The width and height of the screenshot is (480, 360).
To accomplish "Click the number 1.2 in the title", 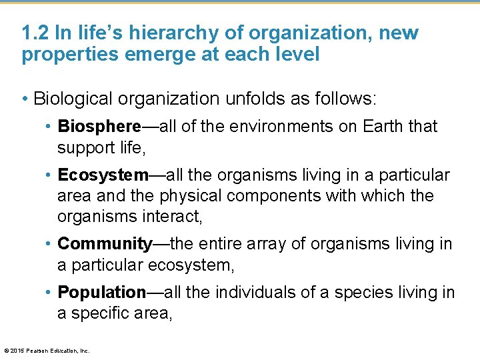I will pyautogui.click(x=34, y=33).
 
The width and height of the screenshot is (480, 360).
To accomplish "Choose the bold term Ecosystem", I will pyautogui.click(x=103, y=175).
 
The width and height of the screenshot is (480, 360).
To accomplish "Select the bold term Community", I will pyautogui.click(x=105, y=244).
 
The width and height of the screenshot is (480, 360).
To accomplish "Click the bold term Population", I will pyautogui.click(x=102, y=292).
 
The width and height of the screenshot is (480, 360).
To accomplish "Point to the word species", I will pyautogui.click(x=363, y=292).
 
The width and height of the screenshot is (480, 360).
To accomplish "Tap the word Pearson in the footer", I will pyautogui.click(x=36, y=350).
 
